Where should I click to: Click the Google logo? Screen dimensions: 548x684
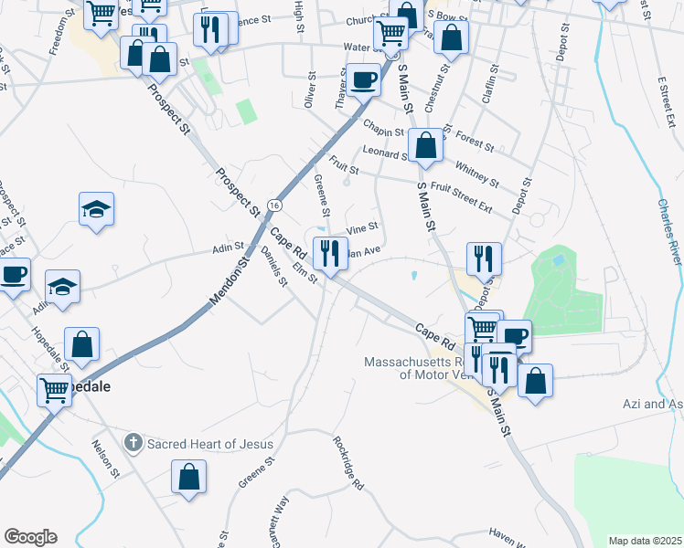pyautogui.click(x=30, y=537)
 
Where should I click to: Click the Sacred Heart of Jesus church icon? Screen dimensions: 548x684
pyautogui.click(x=134, y=444)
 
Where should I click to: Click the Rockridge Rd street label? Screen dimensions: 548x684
pyautogui.click(x=347, y=465)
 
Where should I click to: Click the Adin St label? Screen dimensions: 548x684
pyautogui.click(x=228, y=247)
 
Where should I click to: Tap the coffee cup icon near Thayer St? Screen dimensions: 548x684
pyautogui.click(x=363, y=79)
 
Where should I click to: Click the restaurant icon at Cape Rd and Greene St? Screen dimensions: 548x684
pyautogui.click(x=327, y=251)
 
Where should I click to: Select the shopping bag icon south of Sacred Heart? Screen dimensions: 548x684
pyautogui.click(x=188, y=476)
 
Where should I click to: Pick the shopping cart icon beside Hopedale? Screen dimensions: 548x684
pyautogui.click(x=55, y=391)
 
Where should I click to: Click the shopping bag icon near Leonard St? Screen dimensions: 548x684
pyautogui.click(x=426, y=144)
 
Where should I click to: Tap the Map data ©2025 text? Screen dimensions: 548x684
pyautogui.click(x=644, y=541)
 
